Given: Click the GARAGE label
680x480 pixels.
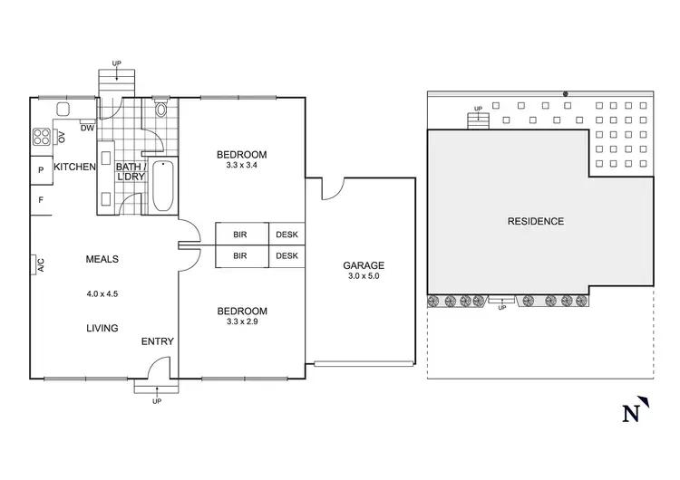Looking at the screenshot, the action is click(364, 265).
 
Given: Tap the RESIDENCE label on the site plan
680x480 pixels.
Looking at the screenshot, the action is click(535, 221).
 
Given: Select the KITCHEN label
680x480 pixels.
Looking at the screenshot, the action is click(74, 168).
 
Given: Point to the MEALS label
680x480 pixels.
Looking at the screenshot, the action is click(102, 260).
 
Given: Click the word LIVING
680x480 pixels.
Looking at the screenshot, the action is click(102, 328).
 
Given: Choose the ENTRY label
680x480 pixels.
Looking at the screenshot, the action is click(158, 341).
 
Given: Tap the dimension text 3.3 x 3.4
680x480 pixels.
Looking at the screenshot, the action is click(242, 166).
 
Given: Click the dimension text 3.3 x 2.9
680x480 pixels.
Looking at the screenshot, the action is click(242, 322).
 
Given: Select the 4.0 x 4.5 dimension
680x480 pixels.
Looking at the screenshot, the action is click(102, 293).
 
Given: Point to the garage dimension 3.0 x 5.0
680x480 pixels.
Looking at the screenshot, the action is click(364, 276).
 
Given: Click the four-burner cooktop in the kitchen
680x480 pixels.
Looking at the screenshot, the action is click(42, 138).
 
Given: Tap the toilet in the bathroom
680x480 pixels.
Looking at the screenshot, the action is click(161, 111).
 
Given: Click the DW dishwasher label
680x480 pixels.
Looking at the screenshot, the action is click(87, 129).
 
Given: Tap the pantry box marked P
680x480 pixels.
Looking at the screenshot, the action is click(41, 169).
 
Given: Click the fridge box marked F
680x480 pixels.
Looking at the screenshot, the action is click(41, 199).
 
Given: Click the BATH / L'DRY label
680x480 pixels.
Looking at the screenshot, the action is click(126, 172).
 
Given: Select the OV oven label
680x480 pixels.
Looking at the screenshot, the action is click(62, 138).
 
